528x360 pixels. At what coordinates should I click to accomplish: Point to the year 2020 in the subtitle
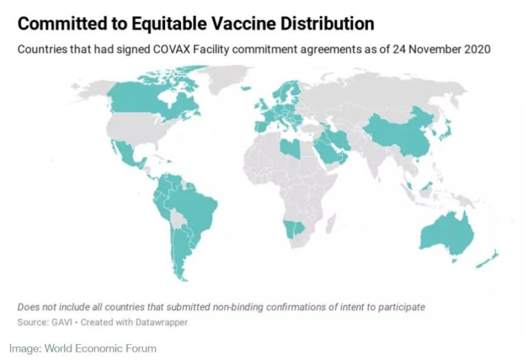(x=477, y=49)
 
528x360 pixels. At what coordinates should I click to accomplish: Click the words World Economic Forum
(x=100, y=348)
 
